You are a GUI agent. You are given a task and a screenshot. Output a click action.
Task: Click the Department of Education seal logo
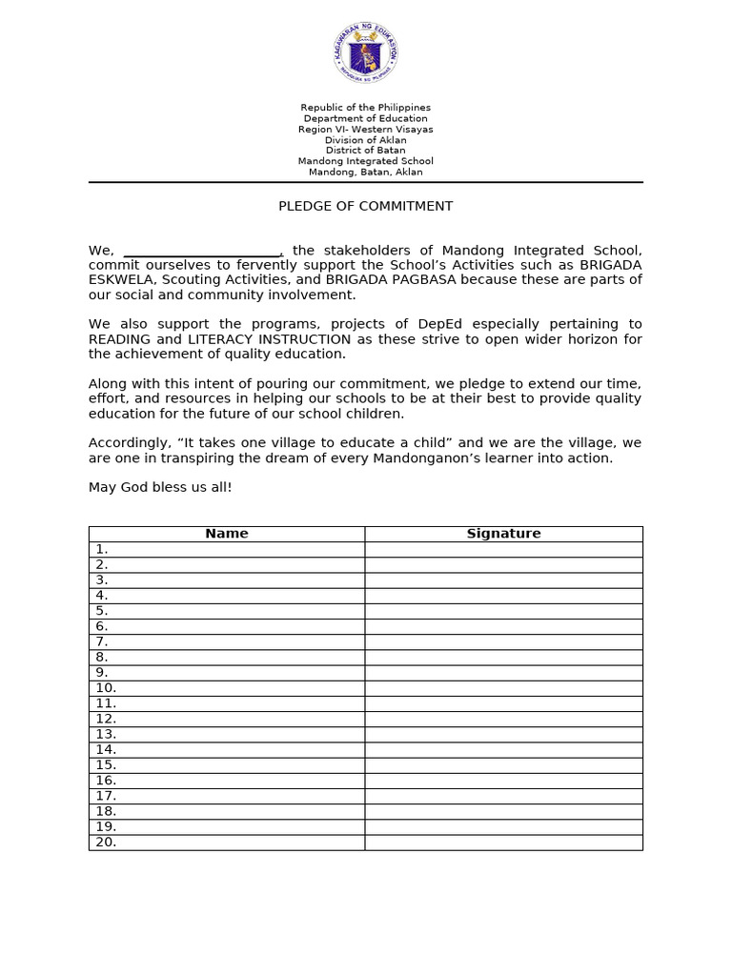365,54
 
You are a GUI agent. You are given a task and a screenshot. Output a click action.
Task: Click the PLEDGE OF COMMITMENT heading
365,206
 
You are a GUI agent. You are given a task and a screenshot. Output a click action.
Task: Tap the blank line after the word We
202,251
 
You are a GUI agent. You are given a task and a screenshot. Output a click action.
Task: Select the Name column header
227,534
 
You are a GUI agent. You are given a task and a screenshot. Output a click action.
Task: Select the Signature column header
503,534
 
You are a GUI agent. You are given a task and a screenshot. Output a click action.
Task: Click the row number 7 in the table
101,641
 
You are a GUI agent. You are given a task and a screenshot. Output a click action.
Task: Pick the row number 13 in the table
106,734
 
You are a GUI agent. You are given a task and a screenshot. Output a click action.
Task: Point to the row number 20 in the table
106,842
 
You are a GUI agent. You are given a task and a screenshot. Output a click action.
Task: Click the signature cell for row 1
503,549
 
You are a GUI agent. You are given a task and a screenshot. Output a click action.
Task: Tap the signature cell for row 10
503,688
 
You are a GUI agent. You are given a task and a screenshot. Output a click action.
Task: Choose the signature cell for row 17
503,796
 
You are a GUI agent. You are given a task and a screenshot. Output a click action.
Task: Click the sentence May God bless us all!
160,487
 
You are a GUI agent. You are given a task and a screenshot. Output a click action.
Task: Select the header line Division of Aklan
365,140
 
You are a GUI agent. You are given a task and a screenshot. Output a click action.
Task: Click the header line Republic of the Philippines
365,108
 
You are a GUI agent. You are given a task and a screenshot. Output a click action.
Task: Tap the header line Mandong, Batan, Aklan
365,173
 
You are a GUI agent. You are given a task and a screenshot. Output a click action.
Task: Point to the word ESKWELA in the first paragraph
122,280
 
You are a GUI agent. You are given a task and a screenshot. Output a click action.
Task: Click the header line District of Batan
365,151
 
